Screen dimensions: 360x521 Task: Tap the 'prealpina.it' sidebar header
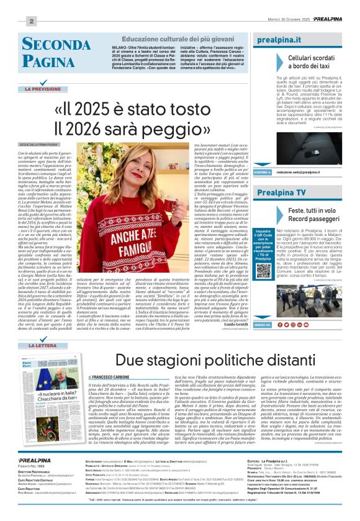click(279, 40)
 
